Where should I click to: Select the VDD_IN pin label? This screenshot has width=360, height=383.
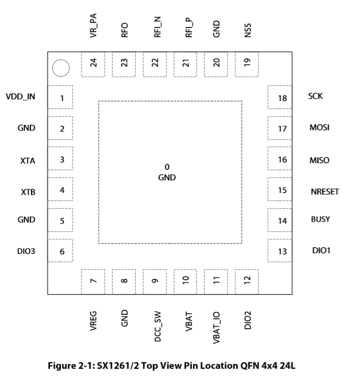[x=21, y=97]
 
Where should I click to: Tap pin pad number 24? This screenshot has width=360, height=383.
[x=93, y=65]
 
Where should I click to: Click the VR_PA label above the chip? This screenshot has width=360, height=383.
[x=93, y=26]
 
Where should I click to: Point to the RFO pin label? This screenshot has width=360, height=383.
[x=125, y=30]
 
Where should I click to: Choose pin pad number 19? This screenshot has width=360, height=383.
[x=247, y=65]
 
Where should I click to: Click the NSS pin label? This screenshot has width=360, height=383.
[x=248, y=30]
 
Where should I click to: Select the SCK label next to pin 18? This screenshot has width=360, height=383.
[x=316, y=96]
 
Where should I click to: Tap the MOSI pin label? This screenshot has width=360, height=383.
[x=319, y=127]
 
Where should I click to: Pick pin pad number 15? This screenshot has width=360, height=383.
[x=280, y=189]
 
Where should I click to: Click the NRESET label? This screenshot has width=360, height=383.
[x=325, y=192]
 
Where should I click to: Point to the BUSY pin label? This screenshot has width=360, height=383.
[x=320, y=219]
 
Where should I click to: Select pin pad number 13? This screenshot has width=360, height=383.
[x=280, y=251]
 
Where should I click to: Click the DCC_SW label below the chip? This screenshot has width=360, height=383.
[x=158, y=326]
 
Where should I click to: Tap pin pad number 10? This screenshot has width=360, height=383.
[x=185, y=282]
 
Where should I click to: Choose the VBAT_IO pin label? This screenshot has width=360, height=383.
[x=216, y=328]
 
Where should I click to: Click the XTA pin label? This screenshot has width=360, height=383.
[x=27, y=161]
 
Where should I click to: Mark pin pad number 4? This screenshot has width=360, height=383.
[x=60, y=189]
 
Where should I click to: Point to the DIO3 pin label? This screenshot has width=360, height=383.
[x=26, y=251]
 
